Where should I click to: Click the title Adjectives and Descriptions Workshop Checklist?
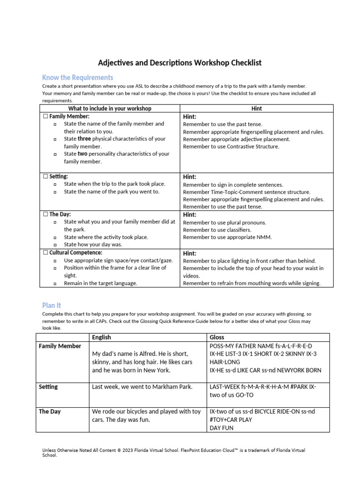tap(180, 62)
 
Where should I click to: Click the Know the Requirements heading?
tap(77, 77)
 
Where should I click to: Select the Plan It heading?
tap(52, 305)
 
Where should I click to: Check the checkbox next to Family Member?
tap(45, 116)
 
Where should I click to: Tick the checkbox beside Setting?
tap(45, 177)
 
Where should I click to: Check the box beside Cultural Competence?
tap(45, 253)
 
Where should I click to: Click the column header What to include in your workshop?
tap(110, 108)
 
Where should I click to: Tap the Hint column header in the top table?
tap(256, 108)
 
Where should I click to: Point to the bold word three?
tap(84, 139)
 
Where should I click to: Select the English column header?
tap(101, 337)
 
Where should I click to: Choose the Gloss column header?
tap(217, 337)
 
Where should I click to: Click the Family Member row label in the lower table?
tap(60, 346)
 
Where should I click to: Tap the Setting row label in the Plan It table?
tap(48, 387)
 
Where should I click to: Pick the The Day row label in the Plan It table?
tap(50, 412)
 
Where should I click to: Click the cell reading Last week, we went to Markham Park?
tap(142, 387)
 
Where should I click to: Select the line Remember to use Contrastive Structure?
tap(231, 146)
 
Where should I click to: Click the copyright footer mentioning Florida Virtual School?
tap(173, 452)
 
